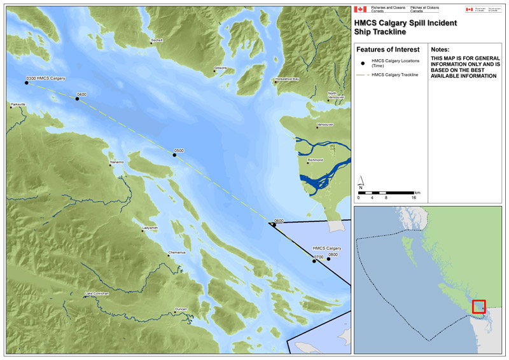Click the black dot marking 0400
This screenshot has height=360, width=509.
[77, 99]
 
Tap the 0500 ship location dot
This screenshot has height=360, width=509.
[174, 155]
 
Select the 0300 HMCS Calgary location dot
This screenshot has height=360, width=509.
[26, 82]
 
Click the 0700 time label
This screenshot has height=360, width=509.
[319, 256]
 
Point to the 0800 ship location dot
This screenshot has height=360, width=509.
[328, 259]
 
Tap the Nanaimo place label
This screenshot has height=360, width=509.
[117, 162]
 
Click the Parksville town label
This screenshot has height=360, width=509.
[18, 105]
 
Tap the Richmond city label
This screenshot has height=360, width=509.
[316, 160]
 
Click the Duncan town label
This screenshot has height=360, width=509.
[181, 309]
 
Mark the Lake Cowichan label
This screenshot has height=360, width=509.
[97, 293]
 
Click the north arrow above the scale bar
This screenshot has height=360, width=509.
[361, 186]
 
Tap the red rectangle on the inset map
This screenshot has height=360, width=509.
[478, 307]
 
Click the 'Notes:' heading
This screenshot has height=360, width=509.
[440, 49]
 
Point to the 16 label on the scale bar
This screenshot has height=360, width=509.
[414, 198]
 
